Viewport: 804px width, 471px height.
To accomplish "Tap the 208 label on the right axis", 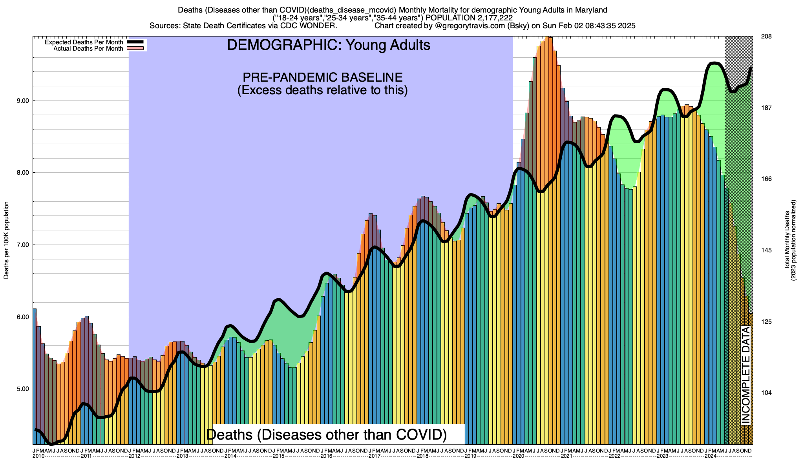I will pos(766,37).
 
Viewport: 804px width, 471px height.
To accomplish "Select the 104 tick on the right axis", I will pos(766,393).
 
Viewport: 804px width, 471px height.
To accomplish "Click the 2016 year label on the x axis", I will pos(327,456).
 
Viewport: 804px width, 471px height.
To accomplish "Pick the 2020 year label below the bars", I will pos(518,456).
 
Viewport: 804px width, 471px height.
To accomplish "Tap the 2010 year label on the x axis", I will pos(38,456).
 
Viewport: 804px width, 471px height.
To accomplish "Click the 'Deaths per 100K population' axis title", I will pos(6,240).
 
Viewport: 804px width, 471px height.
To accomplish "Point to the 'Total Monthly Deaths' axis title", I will pos(787,240).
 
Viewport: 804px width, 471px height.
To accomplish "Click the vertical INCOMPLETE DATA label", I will pos(746,375).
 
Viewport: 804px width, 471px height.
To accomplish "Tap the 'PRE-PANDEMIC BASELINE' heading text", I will pos(322,77).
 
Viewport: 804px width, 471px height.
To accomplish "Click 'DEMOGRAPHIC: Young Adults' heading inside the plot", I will pos(329,45).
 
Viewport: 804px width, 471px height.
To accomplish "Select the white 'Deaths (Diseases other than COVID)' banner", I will pos(327,434).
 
